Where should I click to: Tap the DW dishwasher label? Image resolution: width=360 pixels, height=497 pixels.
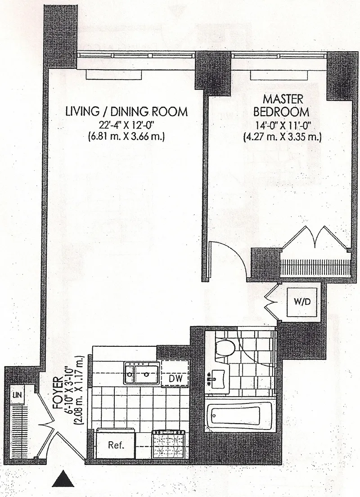click(x=175, y=379)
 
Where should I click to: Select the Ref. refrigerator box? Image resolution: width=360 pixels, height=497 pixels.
click(x=116, y=446)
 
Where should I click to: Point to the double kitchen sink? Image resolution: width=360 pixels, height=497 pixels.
click(x=141, y=372)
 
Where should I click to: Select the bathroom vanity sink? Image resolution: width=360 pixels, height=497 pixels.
click(x=218, y=377)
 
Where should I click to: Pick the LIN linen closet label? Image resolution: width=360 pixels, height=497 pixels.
click(x=18, y=396)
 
